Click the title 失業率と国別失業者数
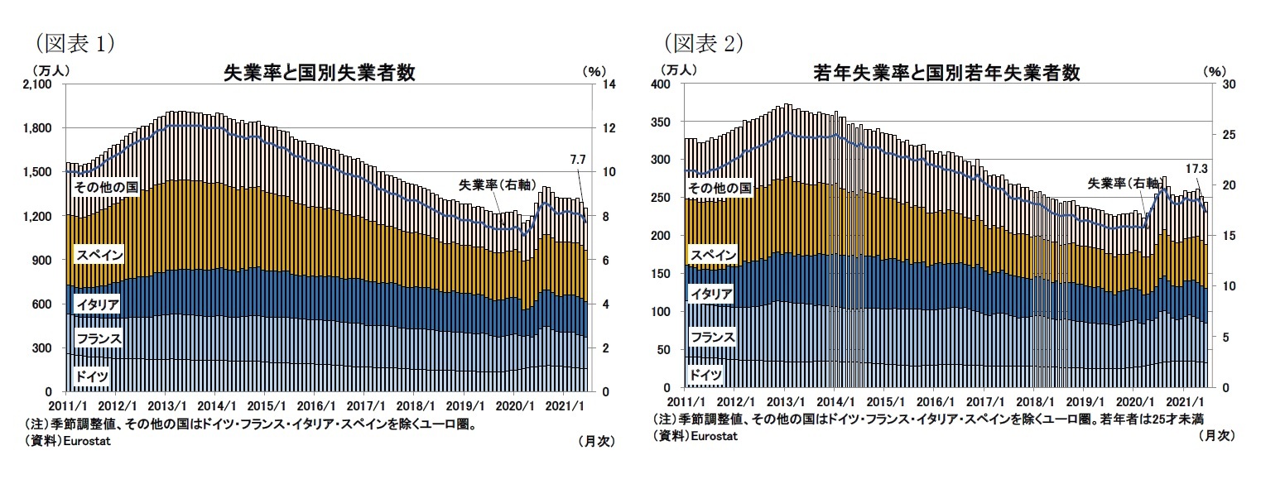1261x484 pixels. (x=320, y=73)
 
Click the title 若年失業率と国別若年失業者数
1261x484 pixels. (x=947, y=73)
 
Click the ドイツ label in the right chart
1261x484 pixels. (x=705, y=375)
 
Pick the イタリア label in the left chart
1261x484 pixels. (x=98, y=304)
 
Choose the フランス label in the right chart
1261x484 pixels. (x=711, y=337)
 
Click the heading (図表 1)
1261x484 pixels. (x=72, y=41)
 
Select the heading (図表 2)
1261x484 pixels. (x=703, y=41)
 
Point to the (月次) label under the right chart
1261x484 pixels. (x=1215, y=435)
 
